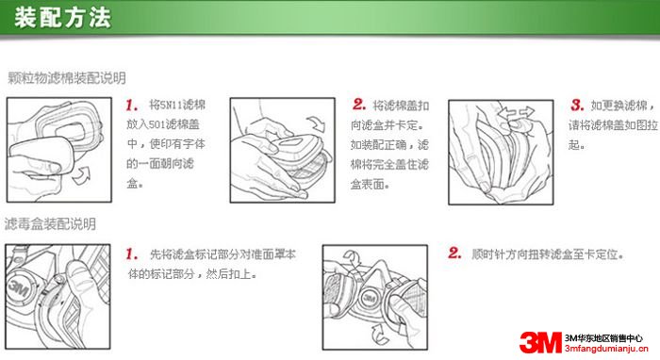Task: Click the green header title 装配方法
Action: click(63, 18)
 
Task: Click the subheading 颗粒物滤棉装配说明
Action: click(67, 78)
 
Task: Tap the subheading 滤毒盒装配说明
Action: click(50, 223)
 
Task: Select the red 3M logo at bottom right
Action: click(541, 342)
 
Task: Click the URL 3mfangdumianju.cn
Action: click(606, 349)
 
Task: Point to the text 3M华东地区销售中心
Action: click(603, 338)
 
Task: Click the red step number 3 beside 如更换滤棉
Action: click(577, 105)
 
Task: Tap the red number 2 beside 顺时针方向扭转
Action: click(454, 253)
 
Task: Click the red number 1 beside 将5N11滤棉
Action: click(132, 106)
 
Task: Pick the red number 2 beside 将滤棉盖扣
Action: click(359, 105)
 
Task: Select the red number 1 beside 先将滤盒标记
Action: click(132, 254)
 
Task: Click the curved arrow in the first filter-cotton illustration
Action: click(82, 175)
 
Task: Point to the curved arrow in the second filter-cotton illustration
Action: click(317, 123)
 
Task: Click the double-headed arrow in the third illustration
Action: click(516, 113)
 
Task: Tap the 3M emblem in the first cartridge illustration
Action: click(18, 287)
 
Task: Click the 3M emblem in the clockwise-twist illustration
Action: click(370, 298)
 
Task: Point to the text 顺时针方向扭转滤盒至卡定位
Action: click(547, 254)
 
